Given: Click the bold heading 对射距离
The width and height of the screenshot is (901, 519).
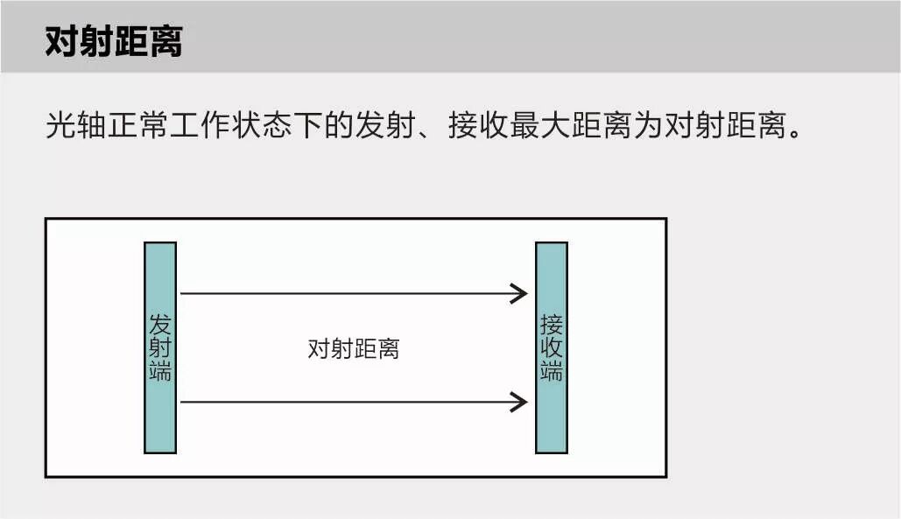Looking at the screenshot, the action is tap(114, 41).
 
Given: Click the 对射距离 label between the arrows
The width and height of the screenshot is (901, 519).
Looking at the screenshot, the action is tap(354, 349).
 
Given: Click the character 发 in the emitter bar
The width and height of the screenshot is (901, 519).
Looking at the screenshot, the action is tap(160, 324).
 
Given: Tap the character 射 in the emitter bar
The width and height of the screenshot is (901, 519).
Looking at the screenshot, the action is tap(160, 347).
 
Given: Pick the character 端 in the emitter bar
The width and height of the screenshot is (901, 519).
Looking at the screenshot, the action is tap(160, 371).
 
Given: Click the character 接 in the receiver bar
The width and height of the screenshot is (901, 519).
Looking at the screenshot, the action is tap(552, 325).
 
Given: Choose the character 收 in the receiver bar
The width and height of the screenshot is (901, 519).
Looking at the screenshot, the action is tap(552, 348).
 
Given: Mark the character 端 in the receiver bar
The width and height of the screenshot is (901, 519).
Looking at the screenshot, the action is tap(552, 371).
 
